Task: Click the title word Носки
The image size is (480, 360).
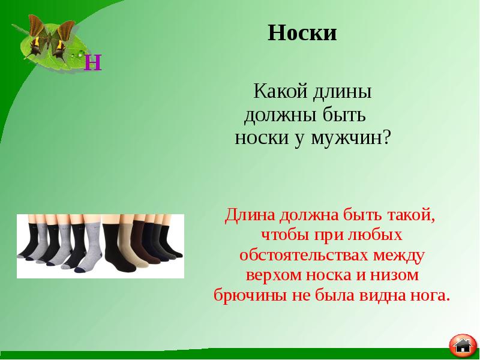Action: pyautogui.click(x=302, y=32)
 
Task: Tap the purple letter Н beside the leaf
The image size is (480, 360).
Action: pyautogui.click(x=93, y=62)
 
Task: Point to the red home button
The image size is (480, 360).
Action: pyautogui.click(x=463, y=344)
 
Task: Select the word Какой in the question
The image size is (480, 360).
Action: pyautogui.click(x=280, y=93)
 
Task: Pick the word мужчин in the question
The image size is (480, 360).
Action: pyautogui.click(x=347, y=139)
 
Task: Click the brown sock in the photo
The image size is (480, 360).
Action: pyautogui.click(x=139, y=240)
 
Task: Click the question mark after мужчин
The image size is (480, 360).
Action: pyautogui.click(x=386, y=139)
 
